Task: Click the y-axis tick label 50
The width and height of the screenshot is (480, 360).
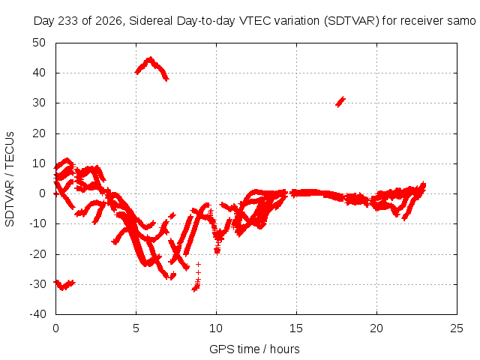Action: point(39,43)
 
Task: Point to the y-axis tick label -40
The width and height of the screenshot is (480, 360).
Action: point(37,313)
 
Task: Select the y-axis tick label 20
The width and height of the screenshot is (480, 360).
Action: point(39,133)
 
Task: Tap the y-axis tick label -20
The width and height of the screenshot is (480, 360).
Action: point(37,253)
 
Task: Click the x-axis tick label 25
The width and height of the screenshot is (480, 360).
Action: point(457,328)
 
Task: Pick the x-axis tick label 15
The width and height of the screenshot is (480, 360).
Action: point(296,328)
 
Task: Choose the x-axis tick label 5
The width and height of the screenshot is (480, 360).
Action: point(136,328)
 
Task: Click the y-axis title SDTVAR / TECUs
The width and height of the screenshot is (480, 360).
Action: point(10,179)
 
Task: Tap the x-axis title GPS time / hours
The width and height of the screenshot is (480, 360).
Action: point(254,349)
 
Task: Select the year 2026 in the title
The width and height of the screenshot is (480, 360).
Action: point(109,21)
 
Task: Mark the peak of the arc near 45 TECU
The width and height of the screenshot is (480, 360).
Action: point(150,58)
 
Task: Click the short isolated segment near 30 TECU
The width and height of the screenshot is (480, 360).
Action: point(340,102)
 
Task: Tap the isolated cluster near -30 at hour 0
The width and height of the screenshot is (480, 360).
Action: point(64,285)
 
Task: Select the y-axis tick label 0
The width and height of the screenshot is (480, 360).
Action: point(42,193)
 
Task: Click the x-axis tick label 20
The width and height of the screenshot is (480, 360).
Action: point(376,328)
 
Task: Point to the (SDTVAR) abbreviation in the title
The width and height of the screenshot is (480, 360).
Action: point(352,21)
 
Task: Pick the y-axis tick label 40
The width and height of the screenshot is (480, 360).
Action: point(39,73)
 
